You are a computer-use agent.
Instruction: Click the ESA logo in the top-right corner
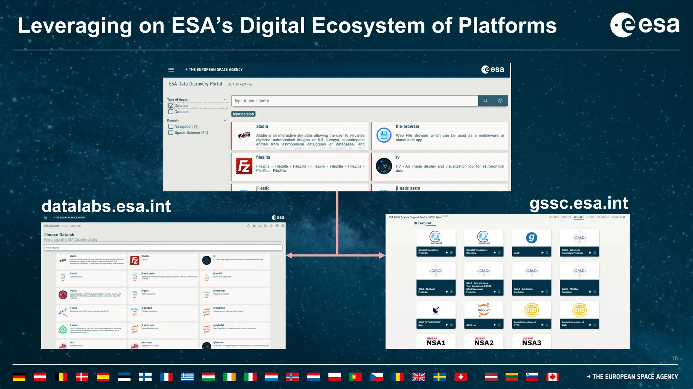[x=645, y=25]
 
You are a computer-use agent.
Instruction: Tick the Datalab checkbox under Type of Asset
[x=171, y=105]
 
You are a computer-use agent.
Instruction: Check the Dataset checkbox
[x=171, y=112]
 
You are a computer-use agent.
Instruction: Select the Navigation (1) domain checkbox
[x=171, y=126]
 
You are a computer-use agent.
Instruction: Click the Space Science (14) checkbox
[x=171, y=132]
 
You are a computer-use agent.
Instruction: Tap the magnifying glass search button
[x=485, y=101]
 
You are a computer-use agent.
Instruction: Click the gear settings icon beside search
[x=500, y=101]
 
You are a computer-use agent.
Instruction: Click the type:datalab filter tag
[x=243, y=114]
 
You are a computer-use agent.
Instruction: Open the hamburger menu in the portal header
[x=171, y=70]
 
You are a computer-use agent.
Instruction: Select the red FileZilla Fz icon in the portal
[x=244, y=166]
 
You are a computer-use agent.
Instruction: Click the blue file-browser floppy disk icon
[x=384, y=135]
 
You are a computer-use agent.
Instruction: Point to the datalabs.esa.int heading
[x=106, y=206]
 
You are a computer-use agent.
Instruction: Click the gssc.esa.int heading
[x=579, y=203]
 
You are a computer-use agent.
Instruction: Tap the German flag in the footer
[x=19, y=377]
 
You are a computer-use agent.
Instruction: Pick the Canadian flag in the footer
[x=552, y=377]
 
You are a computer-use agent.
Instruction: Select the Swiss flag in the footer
[x=461, y=377]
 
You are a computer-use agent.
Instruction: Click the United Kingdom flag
[x=419, y=377]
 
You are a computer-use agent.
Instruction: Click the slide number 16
[x=674, y=358]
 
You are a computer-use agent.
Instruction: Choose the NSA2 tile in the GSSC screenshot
[x=484, y=342]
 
